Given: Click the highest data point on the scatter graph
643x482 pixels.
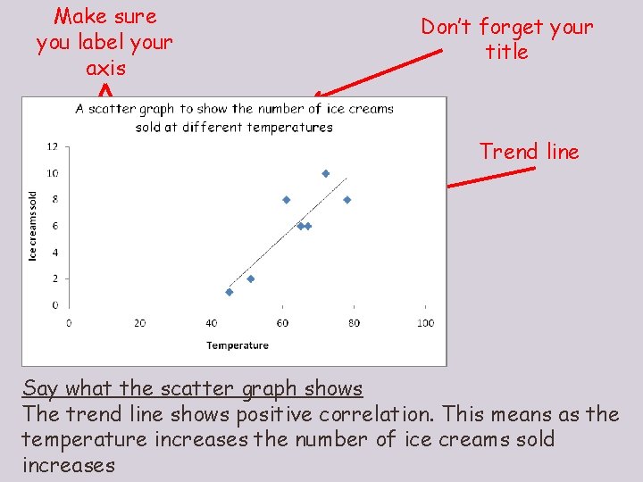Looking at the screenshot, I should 325,173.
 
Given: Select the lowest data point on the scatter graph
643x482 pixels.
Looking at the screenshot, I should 230,292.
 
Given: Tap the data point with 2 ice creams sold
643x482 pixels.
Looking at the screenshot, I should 251,278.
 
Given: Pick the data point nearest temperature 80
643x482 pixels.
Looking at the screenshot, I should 347,200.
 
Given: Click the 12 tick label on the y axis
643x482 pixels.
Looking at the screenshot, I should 53,146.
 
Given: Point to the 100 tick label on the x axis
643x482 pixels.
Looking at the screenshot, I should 425,322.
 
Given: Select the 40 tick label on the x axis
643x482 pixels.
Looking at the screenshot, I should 211,322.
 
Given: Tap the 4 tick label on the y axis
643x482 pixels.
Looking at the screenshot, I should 55,253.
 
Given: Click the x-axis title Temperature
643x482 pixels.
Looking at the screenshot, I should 238,345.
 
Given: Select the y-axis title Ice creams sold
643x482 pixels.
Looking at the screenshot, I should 33,227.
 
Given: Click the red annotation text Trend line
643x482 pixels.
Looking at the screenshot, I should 530,152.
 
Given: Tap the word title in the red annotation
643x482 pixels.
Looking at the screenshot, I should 507,52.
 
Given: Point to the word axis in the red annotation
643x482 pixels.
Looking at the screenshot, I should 105,68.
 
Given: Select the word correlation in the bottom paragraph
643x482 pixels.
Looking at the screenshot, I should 384,414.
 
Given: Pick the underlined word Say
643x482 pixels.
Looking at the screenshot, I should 40,388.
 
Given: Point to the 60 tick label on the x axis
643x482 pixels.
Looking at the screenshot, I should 282,322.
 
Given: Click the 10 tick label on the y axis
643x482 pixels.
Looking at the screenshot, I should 53,173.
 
